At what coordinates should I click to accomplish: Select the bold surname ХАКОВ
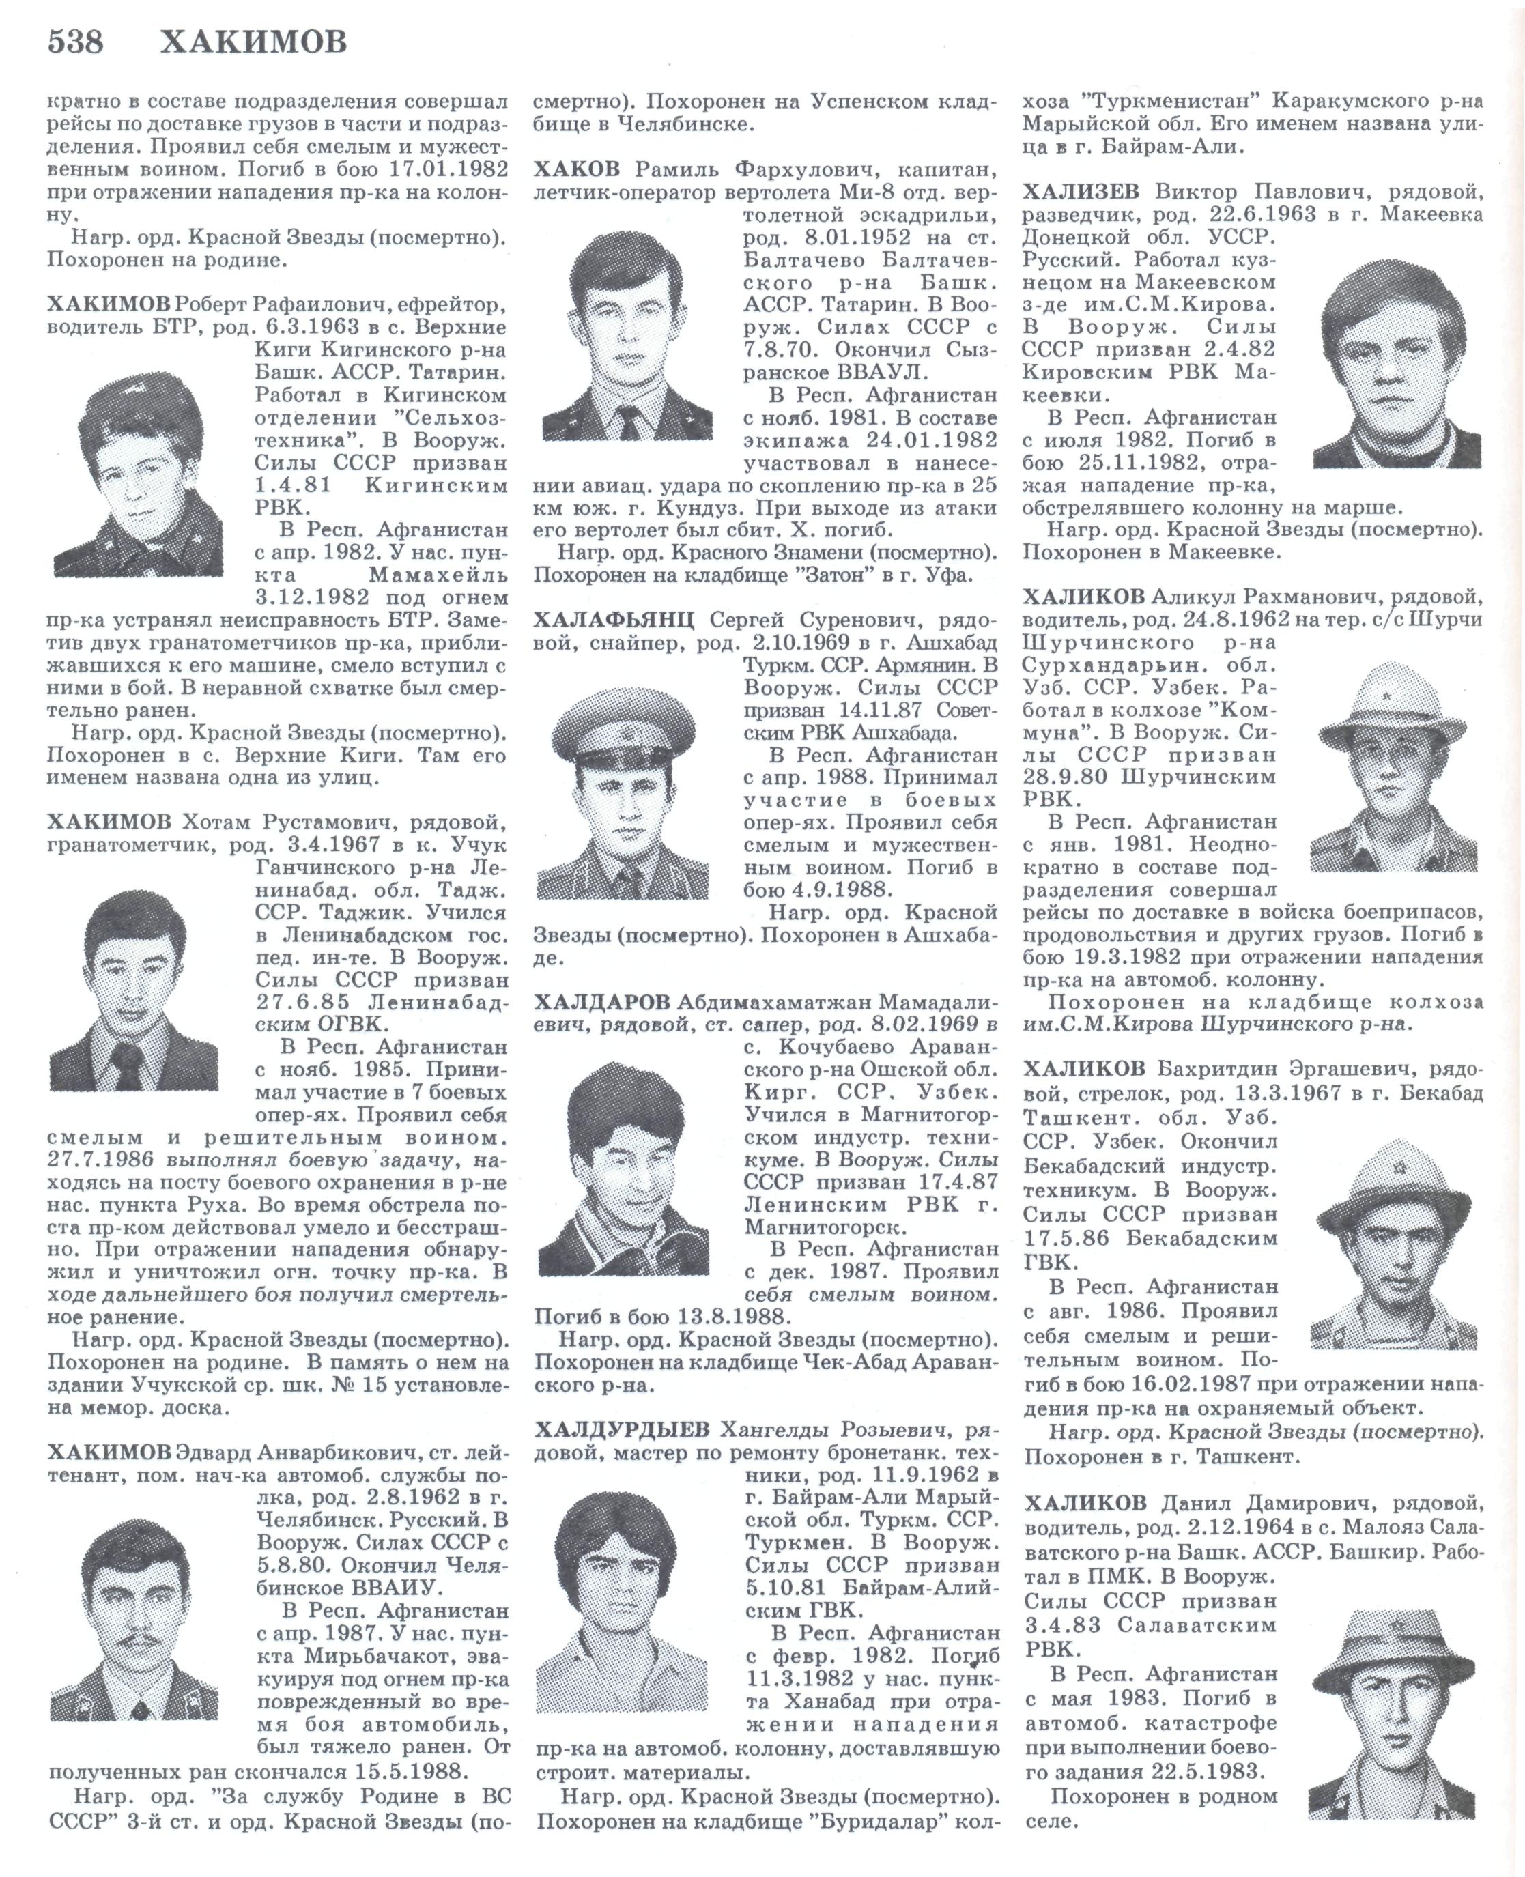[576, 169]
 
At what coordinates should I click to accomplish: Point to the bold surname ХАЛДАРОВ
[602, 1002]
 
